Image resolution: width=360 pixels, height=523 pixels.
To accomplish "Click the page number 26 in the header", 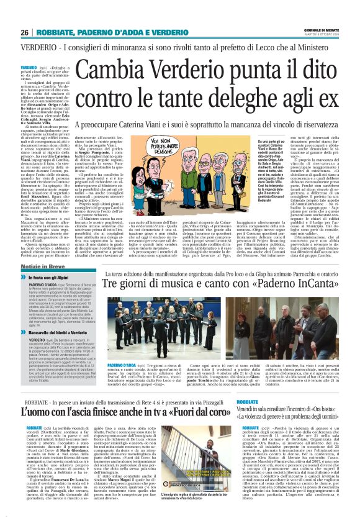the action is click(25, 32).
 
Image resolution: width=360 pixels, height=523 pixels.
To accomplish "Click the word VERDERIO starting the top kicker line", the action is click(37, 48).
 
